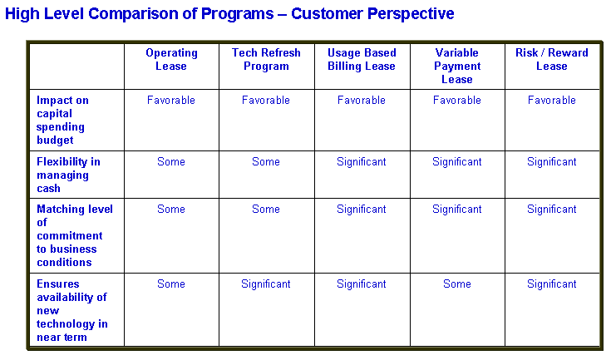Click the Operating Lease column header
[171, 59]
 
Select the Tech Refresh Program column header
[266, 59]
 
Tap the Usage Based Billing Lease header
[362, 59]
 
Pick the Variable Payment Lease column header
[457, 66]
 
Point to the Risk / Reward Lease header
[552, 59]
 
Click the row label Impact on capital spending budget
[62, 120]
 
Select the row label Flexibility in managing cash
[68, 175]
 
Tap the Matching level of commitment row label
[75, 236]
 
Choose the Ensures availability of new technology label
[71, 310]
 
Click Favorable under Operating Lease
[171, 100]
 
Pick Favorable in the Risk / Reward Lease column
[552, 100]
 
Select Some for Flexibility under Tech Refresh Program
[266, 161]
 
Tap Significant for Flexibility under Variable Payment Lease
[457, 161]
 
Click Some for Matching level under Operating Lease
[171, 210]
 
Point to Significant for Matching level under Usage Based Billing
[362, 210]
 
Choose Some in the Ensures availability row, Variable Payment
[457, 284]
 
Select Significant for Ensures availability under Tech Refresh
[266, 284]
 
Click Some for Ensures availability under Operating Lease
[171, 284]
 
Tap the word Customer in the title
[327, 13]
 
